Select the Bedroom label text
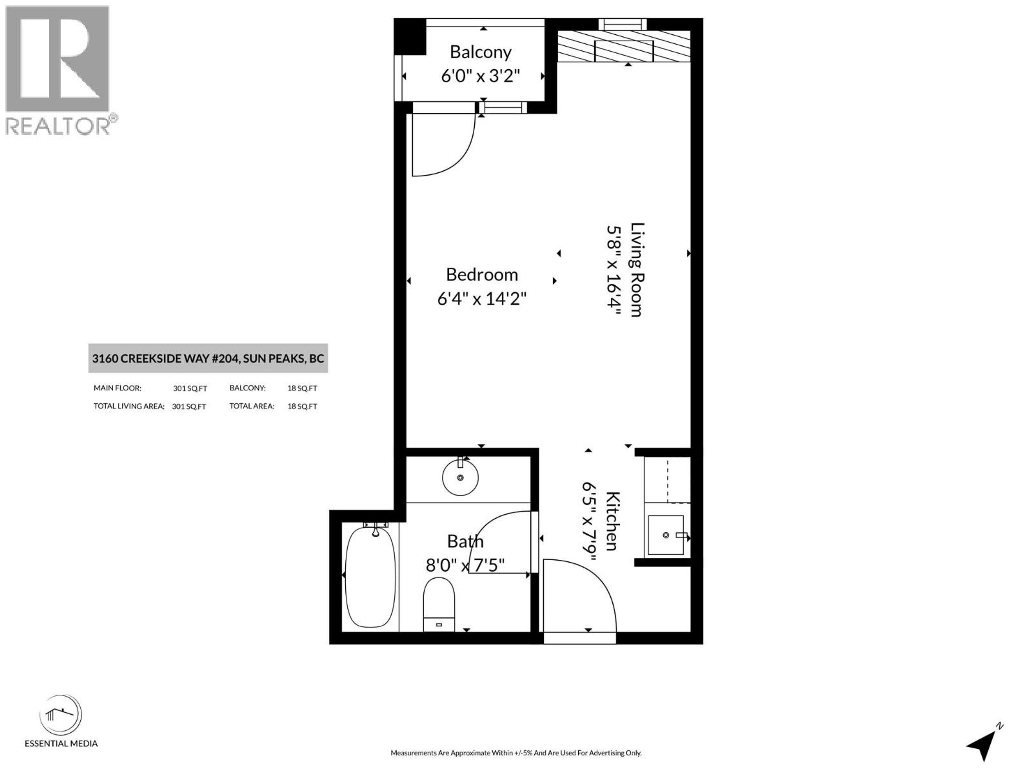point(482,274)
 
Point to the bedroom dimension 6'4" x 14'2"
point(482,299)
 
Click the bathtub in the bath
point(370,577)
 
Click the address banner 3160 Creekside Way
point(208,358)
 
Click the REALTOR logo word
point(58,126)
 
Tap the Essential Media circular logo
point(61,715)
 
